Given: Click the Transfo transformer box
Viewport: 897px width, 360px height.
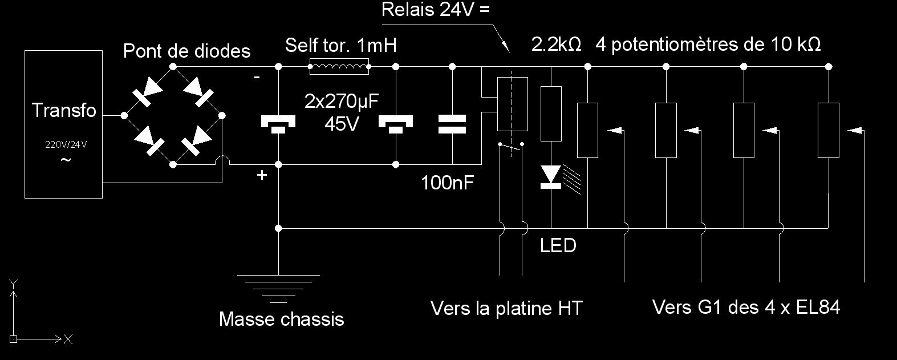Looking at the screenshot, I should pos(63,124).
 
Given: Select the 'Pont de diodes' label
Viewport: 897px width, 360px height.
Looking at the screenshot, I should pos(187,51).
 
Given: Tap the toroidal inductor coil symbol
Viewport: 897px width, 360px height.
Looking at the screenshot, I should pos(339,67).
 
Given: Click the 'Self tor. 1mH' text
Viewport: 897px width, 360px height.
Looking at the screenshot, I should pos(340,45).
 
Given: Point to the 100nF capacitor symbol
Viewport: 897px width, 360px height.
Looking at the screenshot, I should pos(452,124).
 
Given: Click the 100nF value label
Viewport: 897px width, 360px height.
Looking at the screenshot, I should pos(448,183).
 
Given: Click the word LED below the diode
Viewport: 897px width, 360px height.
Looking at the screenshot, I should pos(558,246).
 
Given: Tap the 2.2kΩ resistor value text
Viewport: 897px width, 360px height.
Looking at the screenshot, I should pos(556,45).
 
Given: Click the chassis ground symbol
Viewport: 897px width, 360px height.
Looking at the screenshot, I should pos(278,288).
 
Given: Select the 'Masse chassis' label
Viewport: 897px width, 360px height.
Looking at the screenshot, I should pos(281,319).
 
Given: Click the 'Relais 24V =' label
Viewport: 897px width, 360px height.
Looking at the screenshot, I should pos(436,10).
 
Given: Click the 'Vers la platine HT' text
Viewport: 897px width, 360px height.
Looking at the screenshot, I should pos(506,309).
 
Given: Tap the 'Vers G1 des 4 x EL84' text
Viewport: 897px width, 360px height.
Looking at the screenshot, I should pos(746,308).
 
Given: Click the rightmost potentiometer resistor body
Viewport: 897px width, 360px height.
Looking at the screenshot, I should pos(828,130).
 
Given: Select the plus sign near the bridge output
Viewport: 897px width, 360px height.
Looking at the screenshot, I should pos(262,175).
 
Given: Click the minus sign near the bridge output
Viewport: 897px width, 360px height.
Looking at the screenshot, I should pos(257,77).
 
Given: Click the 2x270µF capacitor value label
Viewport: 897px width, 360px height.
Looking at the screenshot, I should pos(342,102).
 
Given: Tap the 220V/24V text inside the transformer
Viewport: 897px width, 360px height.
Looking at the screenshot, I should pos(66,144).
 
